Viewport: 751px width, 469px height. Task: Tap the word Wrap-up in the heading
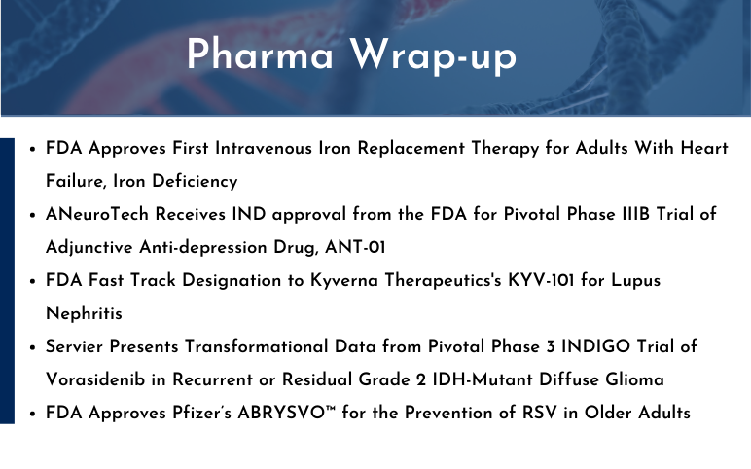click(x=433, y=56)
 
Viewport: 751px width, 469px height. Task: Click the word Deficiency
click(x=195, y=181)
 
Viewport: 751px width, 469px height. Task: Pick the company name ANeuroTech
click(x=97, y=214)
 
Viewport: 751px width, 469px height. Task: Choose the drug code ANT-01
click(x=355, y=248)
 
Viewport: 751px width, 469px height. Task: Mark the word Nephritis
click(x=84, y=313)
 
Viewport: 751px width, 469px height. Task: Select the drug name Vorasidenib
click(x=95, y=379)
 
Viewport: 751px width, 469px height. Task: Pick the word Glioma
click(x=634, y=379)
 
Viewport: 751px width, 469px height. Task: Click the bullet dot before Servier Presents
click(x=32, y=347)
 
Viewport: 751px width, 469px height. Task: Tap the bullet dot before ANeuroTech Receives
click(x=32, y=216)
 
